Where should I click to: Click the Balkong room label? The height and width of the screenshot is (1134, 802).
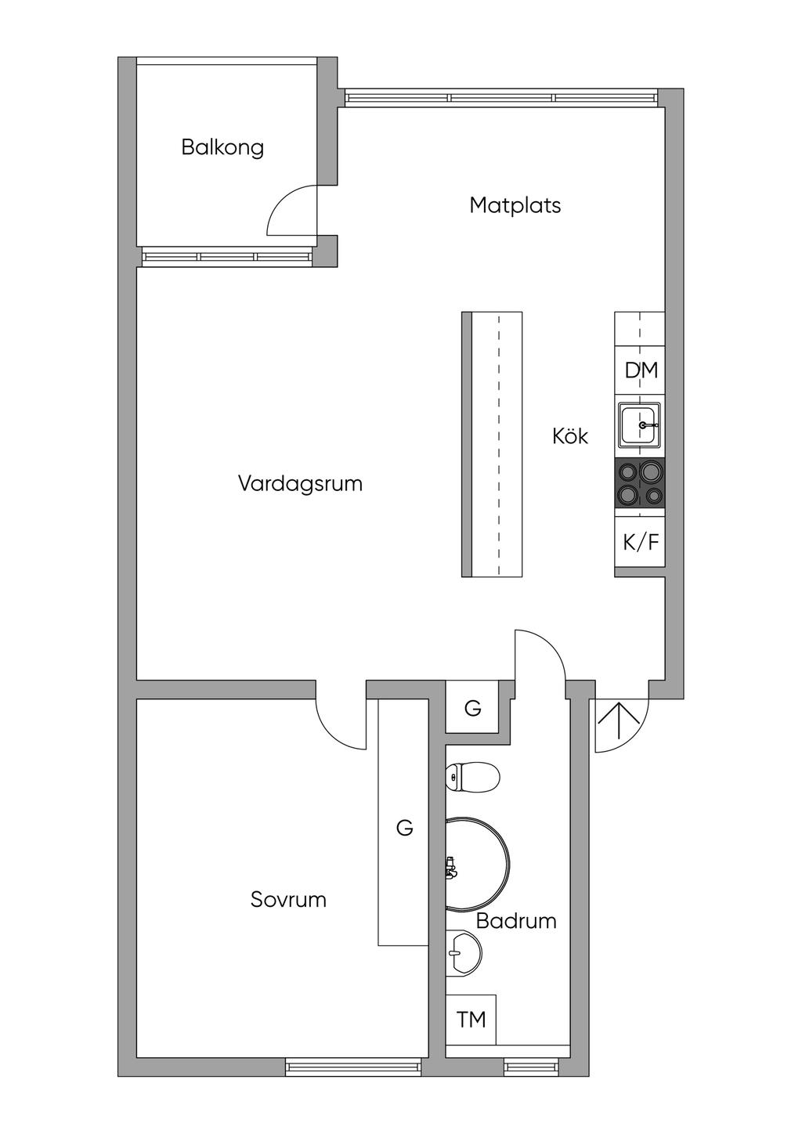pos(222,147)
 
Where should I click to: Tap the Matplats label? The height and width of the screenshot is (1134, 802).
pos(515,205)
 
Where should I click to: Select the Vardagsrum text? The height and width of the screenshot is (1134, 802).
pos(300,483)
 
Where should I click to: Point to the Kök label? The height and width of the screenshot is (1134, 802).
pos(570,436)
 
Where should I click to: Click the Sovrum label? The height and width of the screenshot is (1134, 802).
pos(288,899)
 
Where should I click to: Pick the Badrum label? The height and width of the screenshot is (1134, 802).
pos(516,921)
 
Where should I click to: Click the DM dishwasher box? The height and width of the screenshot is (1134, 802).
pos(641,370)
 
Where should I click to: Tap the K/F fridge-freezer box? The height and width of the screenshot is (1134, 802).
pos(640,542)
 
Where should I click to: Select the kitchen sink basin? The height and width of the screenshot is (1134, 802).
pos(639,425)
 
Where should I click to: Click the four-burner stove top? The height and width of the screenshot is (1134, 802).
pos(640,483)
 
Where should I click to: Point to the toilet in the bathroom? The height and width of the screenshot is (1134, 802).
pos(472,778)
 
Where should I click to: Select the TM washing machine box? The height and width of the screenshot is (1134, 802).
pos(471,1019)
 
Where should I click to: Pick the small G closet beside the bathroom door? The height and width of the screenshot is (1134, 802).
pos(472,709)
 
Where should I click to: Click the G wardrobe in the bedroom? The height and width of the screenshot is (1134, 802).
pos(404,827)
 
